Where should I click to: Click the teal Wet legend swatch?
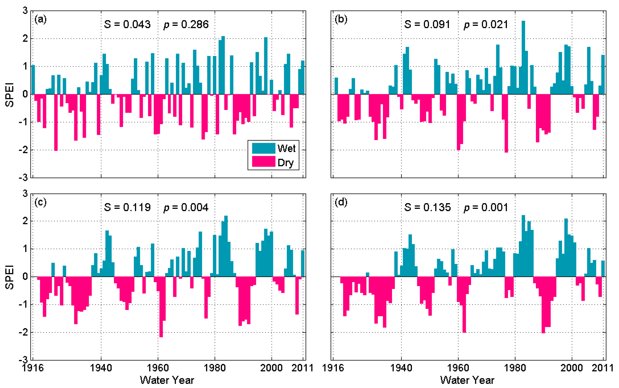264,148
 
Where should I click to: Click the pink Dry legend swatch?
264,162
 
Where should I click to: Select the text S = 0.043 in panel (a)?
127,24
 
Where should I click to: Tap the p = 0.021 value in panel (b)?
486,24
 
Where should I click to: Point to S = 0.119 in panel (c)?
127,207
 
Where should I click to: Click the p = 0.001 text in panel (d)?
486,207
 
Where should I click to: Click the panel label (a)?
40,19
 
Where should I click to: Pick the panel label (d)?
341,202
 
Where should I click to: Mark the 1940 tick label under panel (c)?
101,368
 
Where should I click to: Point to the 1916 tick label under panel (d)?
333,368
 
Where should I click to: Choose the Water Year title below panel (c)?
167,380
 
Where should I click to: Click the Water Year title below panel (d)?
467,380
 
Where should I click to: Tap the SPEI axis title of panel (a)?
10,94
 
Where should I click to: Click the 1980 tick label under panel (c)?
215,368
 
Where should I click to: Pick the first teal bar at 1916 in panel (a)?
33,80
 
